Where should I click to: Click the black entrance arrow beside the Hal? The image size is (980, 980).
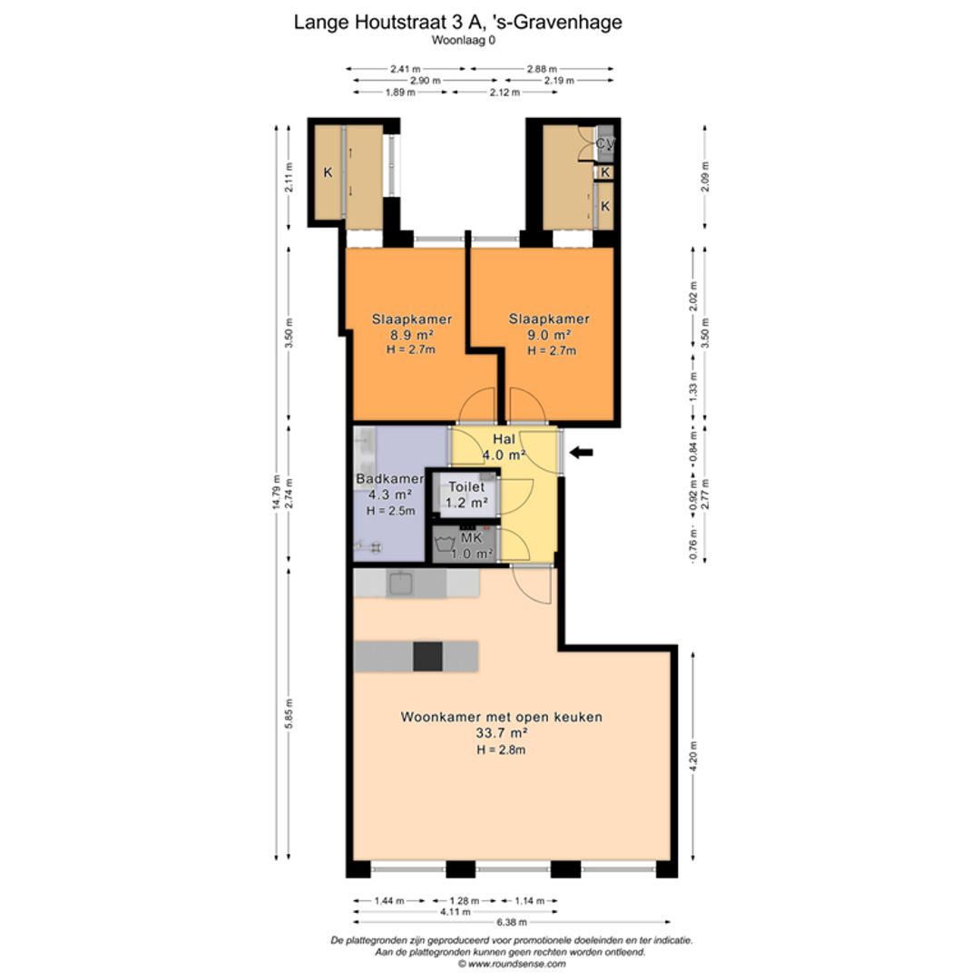(x=582, y=453)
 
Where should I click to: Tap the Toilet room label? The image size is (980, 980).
(x=466, y=487)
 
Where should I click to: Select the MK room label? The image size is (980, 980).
(x=471, y=537)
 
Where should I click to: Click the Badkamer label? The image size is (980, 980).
(x=390, y=479)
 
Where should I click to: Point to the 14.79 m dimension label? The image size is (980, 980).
(x=276, y=493)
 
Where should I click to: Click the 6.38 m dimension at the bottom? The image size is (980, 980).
(x=511, y=922)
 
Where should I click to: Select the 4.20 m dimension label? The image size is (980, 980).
(x=692, y=755)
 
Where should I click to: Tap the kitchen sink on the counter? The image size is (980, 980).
(x=401, y=583)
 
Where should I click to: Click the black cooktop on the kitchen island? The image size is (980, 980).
(x=427, y=656)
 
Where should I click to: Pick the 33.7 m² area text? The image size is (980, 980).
(x=502, y=733)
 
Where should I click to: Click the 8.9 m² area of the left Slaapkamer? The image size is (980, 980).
(x=412, y=335)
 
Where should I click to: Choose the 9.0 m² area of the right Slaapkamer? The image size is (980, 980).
(x=549, y=335)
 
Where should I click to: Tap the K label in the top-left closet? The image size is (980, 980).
(x=328, y=172)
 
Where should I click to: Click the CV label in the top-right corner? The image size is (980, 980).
(x=604, y=142)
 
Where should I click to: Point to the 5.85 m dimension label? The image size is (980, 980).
(x=289, y=714)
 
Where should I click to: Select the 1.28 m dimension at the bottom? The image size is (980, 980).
(x=465, y=901)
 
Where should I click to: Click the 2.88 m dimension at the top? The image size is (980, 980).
(x=542, y=69)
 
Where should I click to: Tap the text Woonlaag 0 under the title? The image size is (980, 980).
(x=463, y=40)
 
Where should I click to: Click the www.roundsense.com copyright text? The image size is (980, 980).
(x=511, y=964)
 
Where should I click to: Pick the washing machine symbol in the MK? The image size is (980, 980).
(x=445, y=544)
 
